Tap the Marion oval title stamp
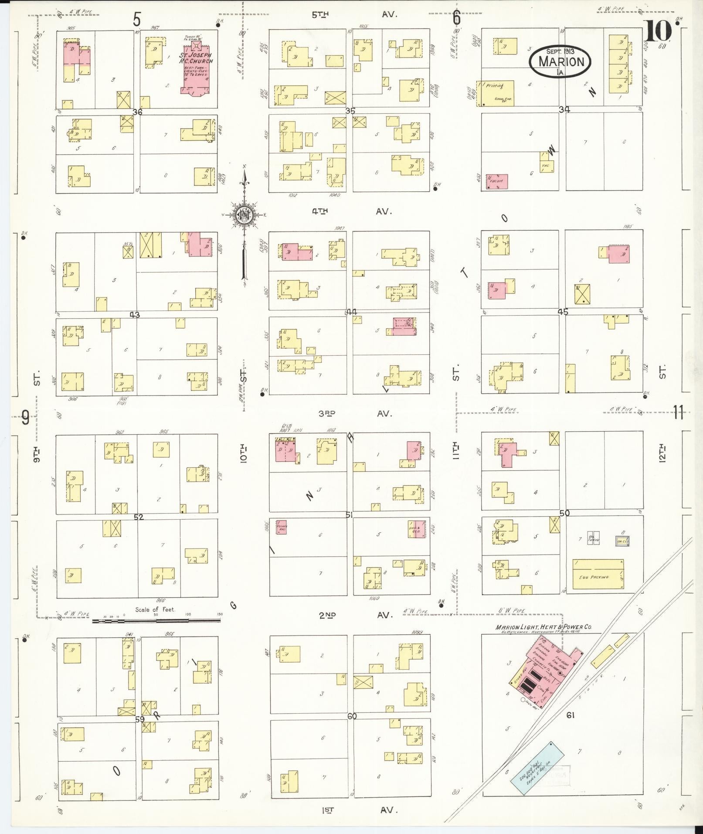click(560, 61)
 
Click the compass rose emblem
click(244, 215)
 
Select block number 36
click(138, 112)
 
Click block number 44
click(351, 312)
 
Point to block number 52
click(139, 517)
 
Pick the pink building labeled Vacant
click(497, 181)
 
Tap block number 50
click(564, 514)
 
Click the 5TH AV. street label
click(353, 14)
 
